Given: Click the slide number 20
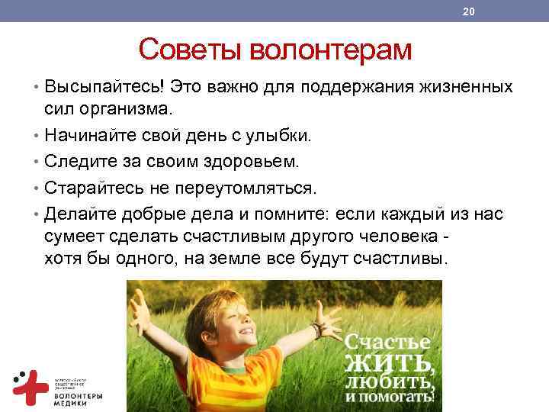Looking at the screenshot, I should point(468,11).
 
